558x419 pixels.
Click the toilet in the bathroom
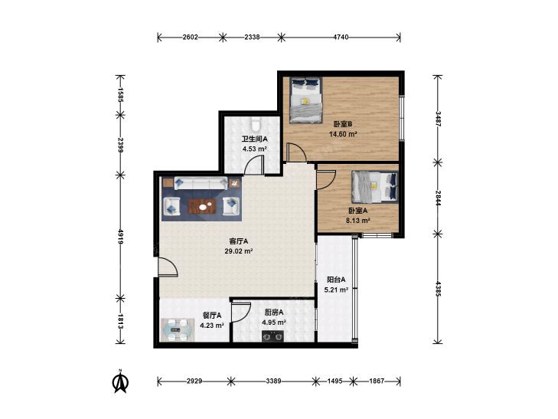(x=255, y=125)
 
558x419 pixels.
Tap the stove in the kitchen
(x=273, y=336)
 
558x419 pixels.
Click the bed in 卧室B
(x=305, y=100)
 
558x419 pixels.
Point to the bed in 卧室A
(x=375, y=187)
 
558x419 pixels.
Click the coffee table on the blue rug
(x=203, y=206)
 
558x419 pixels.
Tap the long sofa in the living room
(x=201, y=183)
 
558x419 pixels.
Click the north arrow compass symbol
(x=120, y=381)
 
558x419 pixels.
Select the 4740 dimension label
(x=341, y=37)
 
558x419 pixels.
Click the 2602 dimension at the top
(x=190, y=37)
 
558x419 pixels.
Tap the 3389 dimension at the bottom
(x=273, y=381)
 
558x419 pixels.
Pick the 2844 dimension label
(x=438, y=198)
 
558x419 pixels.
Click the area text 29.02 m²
(x=238, y=251)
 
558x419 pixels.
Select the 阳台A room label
(x=336, y=280)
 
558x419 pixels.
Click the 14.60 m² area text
(x=343, y=134)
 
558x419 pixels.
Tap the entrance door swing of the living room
(x=168, y=267)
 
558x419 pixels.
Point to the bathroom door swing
(x=254, y=165)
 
